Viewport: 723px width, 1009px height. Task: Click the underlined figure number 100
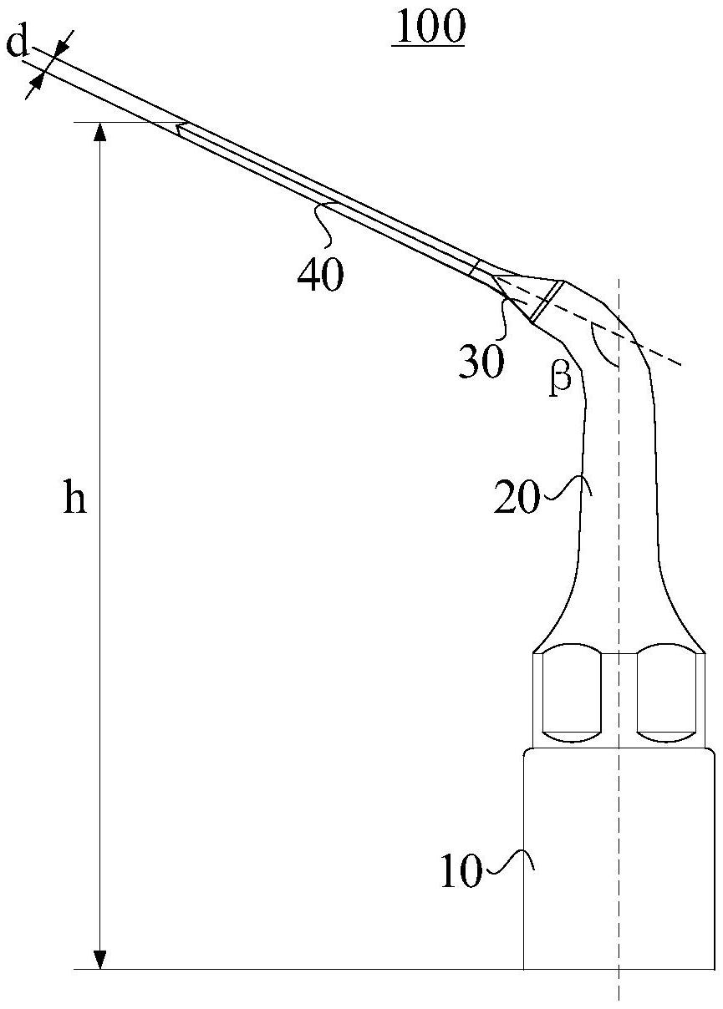coord(428,28)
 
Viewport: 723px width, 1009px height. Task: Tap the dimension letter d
coord(18,44)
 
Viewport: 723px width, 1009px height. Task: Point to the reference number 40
coord(320,275)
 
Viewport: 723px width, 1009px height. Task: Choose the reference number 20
coord(516,497)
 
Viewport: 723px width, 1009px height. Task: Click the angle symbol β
coord(560,378)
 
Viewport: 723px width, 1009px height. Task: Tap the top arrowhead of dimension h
coord(100,133)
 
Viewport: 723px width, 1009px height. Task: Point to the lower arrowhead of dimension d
coord(37,81)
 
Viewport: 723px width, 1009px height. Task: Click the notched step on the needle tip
coord(181,129)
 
